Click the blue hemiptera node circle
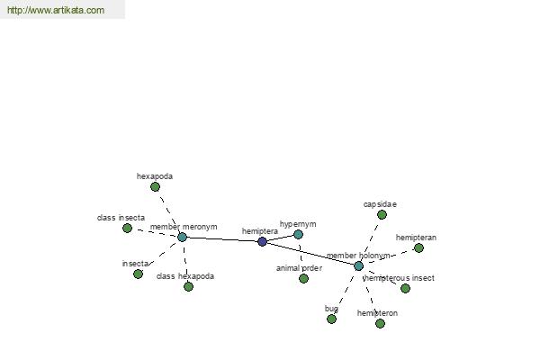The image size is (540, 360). click(262, 241)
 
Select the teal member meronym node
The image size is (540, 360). click(182, 237)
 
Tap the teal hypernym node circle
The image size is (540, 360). click(298, 235)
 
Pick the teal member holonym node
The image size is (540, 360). click(358, 266)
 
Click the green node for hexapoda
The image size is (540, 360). click(155, 186)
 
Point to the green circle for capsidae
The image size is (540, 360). click(382, 215)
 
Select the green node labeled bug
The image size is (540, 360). click(331, 319)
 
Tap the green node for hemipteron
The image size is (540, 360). click(380, 323)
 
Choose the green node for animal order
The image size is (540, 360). click(303, 279)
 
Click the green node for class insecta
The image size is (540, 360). click(127, 228)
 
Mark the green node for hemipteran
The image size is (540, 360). click(418, 248)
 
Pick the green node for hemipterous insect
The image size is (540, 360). click(405, 288)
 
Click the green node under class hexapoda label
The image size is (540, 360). click(188, 286)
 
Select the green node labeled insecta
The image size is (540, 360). click(138, 274)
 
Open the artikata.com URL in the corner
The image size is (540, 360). click(56, 10)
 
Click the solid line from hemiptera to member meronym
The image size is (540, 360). click(222, 239)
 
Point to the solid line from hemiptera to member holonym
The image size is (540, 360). click(310, 254)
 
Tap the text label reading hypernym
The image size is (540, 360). click(298, 224)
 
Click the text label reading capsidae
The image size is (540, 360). click(380, 204)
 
